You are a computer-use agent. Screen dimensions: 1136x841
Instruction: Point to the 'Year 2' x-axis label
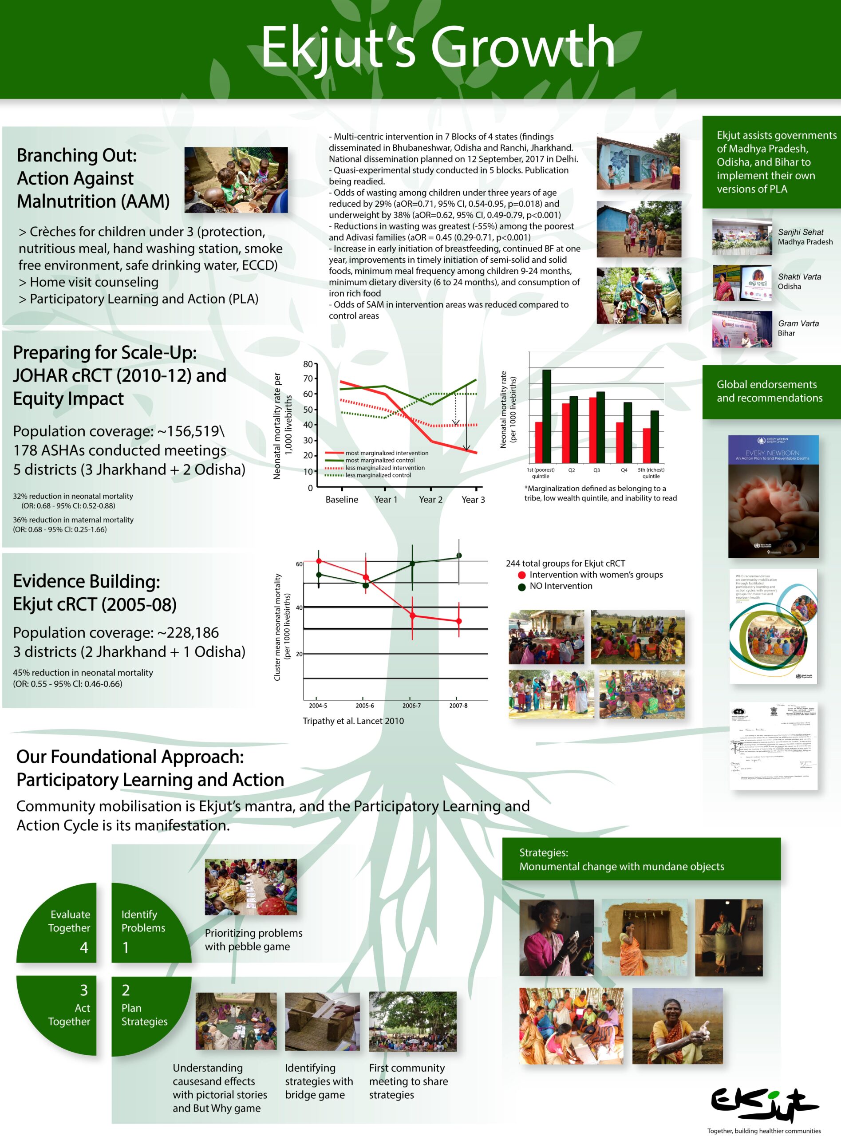click(x=430, y=500)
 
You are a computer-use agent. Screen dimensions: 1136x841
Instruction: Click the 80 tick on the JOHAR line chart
click(x=308, y=364)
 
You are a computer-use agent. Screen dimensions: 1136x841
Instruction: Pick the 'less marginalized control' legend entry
click(x=377, y=475)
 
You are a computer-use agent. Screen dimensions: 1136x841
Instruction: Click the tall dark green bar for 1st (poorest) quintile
click(x=546, y=416)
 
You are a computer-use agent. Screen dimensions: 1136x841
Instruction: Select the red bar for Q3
click(x=592, y=430)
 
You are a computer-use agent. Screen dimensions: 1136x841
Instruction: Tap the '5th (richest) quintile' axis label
click(x=651, y=473)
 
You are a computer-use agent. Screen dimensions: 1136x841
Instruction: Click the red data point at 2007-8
click(x=459, y=621)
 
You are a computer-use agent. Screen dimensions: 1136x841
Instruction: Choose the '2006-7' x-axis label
click(x=411, y=706)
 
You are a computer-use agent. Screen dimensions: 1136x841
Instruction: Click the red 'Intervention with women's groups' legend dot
click(x=521, y=575)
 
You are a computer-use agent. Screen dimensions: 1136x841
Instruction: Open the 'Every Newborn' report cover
click(x=773, y=496)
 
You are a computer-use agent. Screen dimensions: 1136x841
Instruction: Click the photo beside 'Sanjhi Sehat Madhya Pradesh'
click(x=742, y=237)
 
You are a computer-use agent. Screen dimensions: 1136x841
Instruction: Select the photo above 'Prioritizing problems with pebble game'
click(x=250, y=887)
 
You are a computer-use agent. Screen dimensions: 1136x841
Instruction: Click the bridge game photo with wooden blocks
click(x=322, y=1022)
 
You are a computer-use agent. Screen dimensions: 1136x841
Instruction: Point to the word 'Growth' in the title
click(x=522, y=47)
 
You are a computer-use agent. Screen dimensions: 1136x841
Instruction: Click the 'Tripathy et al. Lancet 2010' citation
click(x=353, y=721)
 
